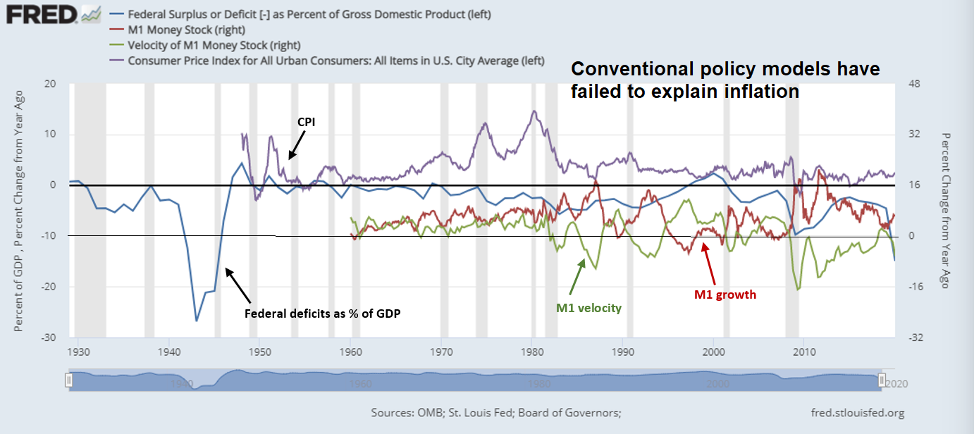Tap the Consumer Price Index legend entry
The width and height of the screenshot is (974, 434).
tap(335, 61)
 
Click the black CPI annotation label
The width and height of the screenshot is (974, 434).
tap(305, 122)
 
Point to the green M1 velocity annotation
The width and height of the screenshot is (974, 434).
tap(588, 308)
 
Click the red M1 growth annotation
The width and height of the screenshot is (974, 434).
tap(725, 294)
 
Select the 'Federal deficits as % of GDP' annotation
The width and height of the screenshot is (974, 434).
tap(323, 314)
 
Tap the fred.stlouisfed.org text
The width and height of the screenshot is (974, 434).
tap(858, 414)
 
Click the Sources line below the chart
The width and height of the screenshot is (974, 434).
tap(495, 414)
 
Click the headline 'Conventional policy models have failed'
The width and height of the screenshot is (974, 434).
tap(725, 80)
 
